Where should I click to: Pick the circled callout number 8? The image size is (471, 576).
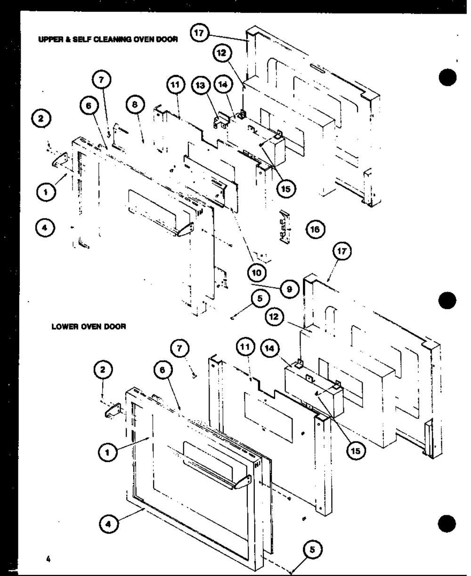(135, 106)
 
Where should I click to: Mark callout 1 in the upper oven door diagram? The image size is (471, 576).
(46, 192)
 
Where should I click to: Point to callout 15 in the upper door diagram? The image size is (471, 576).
(286, 188)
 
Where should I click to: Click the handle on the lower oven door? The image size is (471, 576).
(212, 478)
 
